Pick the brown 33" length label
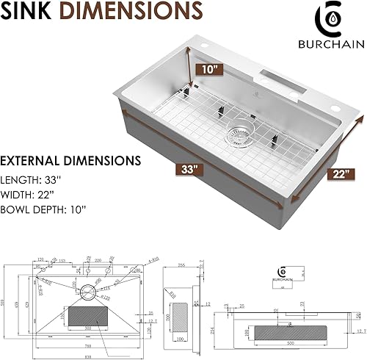click(189, 168)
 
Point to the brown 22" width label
click(338, 173)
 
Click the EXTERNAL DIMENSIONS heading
click(71, 159)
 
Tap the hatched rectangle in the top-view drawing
click(88, 317)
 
